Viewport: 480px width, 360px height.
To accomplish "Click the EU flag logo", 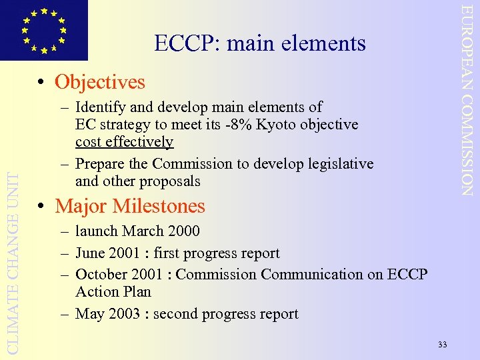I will click(x=43, y=29).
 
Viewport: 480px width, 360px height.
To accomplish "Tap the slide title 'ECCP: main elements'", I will click(x=260, y=43).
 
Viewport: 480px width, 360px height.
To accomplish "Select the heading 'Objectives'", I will click(x=99, y=82).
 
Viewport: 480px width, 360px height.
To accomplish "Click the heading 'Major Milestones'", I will click(x=130, y=206).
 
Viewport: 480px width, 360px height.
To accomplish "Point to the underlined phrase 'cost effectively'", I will click(x=124, y=142).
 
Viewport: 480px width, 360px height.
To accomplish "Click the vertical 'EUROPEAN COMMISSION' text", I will click(x=468, y=100).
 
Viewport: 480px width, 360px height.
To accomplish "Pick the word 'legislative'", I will click(x=339, y=164).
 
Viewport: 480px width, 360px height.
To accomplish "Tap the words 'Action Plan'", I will click(x=113, y=292).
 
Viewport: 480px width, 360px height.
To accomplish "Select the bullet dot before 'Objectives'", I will click(x=41, y=83).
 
